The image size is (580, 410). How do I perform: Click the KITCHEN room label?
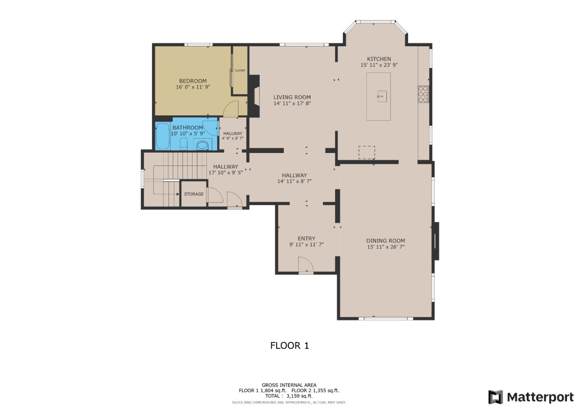coord(379,59)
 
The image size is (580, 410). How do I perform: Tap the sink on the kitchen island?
coord(382,96)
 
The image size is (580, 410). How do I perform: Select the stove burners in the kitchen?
coord(423,94)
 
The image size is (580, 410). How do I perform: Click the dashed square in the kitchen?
coord(367,152)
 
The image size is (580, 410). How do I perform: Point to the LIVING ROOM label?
coord(292,97)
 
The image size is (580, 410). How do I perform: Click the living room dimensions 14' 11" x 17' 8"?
coord(292,104)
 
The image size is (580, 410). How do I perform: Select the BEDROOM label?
coord(193,81)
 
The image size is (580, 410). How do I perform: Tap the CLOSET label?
coord(240,70)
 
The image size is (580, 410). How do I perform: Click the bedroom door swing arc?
coord(231,108)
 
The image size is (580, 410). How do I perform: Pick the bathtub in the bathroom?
coord(163,136)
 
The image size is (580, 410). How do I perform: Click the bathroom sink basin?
coord(202,145)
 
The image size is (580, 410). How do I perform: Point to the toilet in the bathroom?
coord(183,143)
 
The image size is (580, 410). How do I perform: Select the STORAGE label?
coord(194,194)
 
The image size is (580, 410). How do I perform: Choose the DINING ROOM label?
coord(385,241)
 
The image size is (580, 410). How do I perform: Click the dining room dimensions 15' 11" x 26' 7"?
coord(385,247)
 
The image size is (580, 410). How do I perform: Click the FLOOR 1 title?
coord(289,346)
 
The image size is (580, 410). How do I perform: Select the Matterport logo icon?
coord(495,397)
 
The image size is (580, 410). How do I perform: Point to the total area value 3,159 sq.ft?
coord(299,396)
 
